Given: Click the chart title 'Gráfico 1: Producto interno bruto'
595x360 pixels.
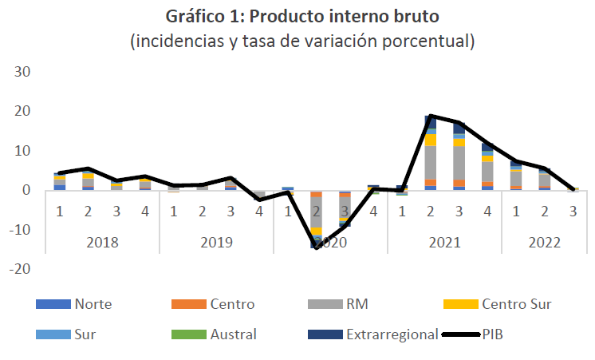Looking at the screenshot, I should pyautogui.click(x=302, y=16).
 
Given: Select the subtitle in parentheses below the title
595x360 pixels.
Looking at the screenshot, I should pyautogui.click(x=302, y=42).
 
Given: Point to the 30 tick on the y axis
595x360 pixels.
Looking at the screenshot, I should pyautogui.click(x=22, y=72).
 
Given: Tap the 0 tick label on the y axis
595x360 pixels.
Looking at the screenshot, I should pyautogui.click(x=26, y=191).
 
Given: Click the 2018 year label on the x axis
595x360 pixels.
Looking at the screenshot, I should pyautogui.click(x=102, y=240).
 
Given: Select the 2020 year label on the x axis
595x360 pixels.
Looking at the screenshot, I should pyautogui.click(x=330, y=240).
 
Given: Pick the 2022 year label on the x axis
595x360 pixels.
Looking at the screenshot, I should pyautogui.click(x=530, y=240).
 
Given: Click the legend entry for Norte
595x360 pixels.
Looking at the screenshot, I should pyautogui.click(x=93, y=304).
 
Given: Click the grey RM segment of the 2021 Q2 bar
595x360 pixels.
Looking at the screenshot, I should pyautogui.click(x=431, y=163).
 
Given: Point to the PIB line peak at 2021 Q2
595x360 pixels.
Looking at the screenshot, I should pyautogui.click(x=431, y=116).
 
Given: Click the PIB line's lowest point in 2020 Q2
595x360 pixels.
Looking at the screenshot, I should pyautogui.click(x=317, y=247).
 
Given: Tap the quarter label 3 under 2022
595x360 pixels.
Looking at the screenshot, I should pyautogui.click(x=573, y=212).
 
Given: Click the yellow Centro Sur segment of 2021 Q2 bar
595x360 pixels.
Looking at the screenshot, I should pyautogui.click(x=431, y=140).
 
